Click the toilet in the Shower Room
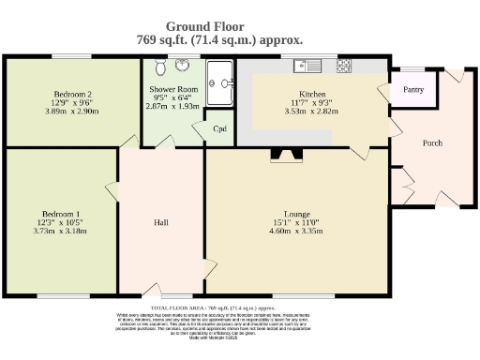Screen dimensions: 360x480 [x=158, y=69]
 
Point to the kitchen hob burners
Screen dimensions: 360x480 [x=343, y=66]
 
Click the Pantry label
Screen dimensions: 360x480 [x=413, y=91]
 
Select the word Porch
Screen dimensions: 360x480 [x=431, y=142]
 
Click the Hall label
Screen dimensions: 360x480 [x=160, y=222]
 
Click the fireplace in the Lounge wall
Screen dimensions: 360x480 [x=280, y=156]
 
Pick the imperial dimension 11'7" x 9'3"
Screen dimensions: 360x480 [x=311, y=102]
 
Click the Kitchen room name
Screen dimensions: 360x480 [x=311, y=94]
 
